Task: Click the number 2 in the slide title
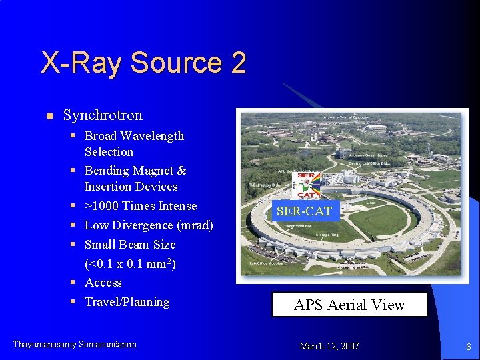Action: pos(239,63)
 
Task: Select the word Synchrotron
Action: pos(103,115)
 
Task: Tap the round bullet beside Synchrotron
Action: pos(49,116)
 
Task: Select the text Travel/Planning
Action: pos(127,302)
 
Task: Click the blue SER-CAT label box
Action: pos(304,211)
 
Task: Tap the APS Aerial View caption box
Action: pos(349,305)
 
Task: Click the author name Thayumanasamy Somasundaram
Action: pos(75,345)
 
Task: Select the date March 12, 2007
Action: pos(329,346)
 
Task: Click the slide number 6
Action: pos(468,347)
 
